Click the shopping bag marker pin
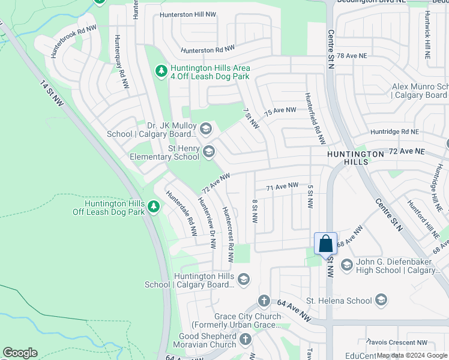point(325,244)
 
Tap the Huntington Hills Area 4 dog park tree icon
point(161,71)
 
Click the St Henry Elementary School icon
point(209,152)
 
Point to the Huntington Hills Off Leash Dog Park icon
point(154,207)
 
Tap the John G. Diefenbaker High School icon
point(346,265)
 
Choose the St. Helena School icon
point(381,299)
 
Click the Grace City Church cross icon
point(264,301)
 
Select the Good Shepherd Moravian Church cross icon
point(245,340)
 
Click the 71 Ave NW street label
point(282,187)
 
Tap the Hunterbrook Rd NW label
point(73,41)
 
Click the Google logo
point(20,353)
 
